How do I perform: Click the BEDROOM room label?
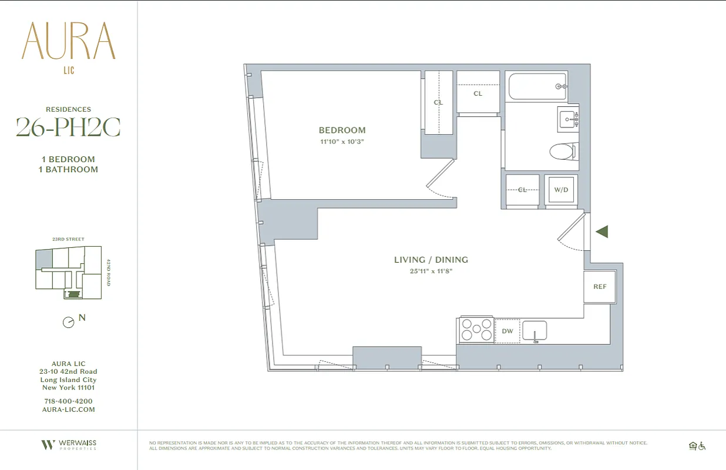[x=342, y=130]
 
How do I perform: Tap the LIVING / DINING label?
[x=431, y=260]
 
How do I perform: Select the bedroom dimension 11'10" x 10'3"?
[x=342, y=142]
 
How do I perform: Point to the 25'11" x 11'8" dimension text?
[x=431, y=271]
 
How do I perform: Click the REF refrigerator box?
[x=600, y=287]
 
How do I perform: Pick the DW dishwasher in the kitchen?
[x=507, y=331]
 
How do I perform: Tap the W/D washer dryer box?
[x=561, y=190]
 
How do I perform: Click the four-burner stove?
[x=476, y=330]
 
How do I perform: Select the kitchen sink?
[x=535, y=331]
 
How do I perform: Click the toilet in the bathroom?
[x=563, y=152]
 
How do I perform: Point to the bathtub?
[x=537, y=86]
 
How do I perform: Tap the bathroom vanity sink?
[x=568, y=120]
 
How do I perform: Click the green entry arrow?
[x=601, y=231]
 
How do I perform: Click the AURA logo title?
[x=69, y=41]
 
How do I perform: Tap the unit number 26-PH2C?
[x=68, y=127]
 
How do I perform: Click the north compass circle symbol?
[x=69, y=323]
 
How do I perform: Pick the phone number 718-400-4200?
[x=68, y=401]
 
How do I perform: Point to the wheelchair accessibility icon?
[x=701, y=446]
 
